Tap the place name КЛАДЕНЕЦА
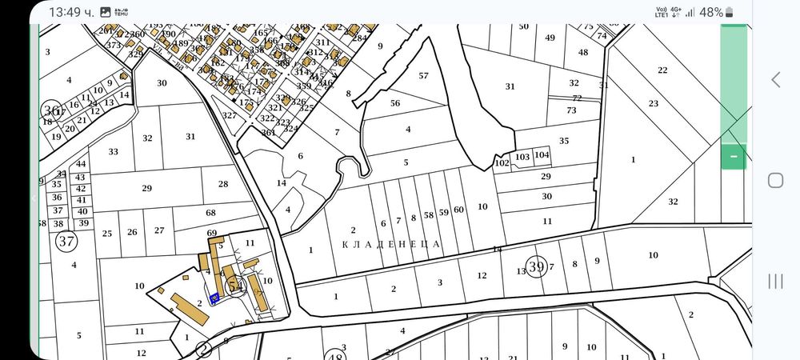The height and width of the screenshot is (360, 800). pos(392,243)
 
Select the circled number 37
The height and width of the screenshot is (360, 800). pos(67,240)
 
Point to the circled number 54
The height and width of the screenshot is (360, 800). pos(235,285)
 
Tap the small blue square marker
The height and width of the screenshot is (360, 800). pos(214,299)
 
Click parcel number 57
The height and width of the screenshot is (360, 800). pos(423,76)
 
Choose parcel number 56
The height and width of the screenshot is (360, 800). pos(394,103)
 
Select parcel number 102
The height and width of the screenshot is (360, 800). pos(502,163)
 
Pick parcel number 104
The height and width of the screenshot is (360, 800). pos(542,155)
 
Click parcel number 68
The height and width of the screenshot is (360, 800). pos(211,213)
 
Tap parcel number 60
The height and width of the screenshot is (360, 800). pos(458,210)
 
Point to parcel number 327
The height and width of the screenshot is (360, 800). pos(230,115)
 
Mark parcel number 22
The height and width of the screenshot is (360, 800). pos(662,70)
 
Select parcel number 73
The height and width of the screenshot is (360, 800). pos(571,110)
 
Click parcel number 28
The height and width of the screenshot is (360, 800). pos(223,184)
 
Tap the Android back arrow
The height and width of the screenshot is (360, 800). pos(774,79)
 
